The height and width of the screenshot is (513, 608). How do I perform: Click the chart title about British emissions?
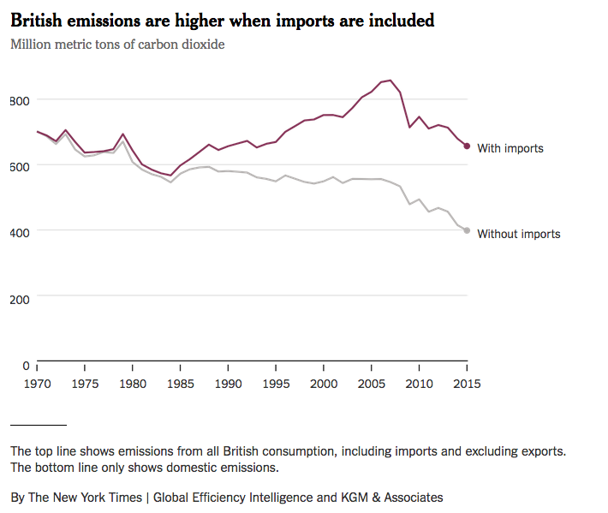(x=222, y=20)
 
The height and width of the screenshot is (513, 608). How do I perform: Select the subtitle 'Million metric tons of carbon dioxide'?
(x=117, y=44)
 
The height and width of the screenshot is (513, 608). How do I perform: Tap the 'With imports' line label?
(x=510, y=148)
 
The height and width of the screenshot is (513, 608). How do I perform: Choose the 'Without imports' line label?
(x=518, y=234)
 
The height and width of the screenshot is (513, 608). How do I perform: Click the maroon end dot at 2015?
(x=467, y=146)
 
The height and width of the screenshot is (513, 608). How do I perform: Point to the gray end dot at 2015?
(x=467, y=230)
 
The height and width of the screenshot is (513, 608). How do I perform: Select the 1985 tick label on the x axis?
(x=180, y=385)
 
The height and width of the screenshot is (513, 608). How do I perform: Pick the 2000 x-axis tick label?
(x=323, y=385)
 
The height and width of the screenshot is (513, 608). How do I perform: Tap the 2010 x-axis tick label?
(x=419, y=385)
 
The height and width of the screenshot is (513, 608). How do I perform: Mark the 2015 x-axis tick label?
(x=466, y=385)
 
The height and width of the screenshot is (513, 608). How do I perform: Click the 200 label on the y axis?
(x=20, y=299)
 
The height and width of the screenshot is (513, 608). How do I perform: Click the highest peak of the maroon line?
(x=390, y=81)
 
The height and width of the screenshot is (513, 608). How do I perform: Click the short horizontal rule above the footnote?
(x=38, y=425)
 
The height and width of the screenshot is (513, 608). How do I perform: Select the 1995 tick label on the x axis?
(x=275, y=385)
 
